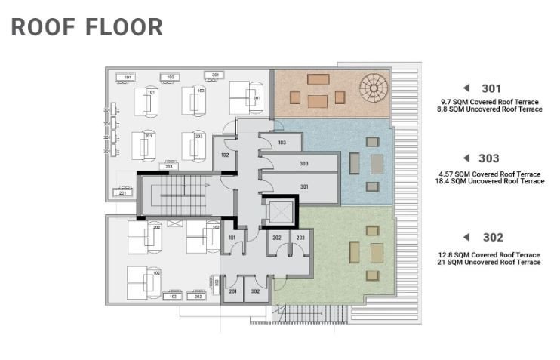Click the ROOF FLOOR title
(x=87, y=26)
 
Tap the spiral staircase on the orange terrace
(x=373, y=88)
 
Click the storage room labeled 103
(x=282, y=143)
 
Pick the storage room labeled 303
(x=302, y=164)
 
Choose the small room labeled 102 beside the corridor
(x=224, y=155)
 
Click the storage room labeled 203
(x=300, y=244)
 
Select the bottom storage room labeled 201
(x=233, y=291)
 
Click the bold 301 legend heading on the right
(x=491, y=88)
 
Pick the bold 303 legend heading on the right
(x=489, y=158)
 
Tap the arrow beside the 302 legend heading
(x=467, y=237)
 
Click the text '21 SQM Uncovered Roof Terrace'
(x=489, y=263)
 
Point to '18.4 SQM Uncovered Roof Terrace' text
(x=491, y=182)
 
